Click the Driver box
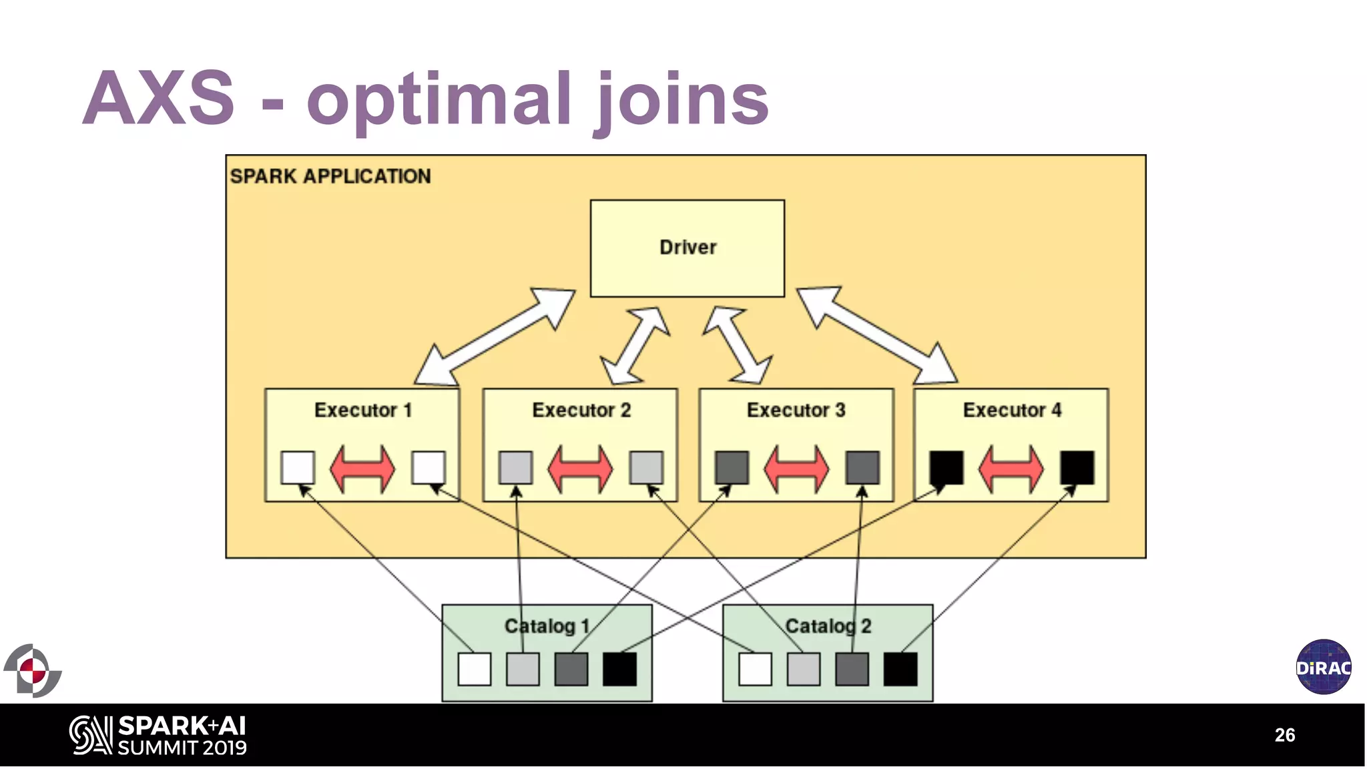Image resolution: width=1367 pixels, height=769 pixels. tap(687, 248)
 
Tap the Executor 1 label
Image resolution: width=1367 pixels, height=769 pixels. tap(362, 410)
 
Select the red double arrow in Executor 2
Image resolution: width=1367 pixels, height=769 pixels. tap(579, 469)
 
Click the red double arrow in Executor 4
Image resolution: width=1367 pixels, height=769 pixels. tap(1011, 469)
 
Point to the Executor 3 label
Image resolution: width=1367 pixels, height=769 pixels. tap(796, 410)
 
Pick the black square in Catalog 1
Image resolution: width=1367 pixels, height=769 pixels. tap(619, 670)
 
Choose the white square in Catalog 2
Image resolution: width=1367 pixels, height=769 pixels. tap(755, 670)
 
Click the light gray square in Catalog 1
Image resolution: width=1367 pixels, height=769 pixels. tap(523, 670)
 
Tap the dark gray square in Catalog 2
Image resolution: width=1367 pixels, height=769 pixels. tap(852, 670)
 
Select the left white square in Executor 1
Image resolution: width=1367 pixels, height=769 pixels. tap(298, 467)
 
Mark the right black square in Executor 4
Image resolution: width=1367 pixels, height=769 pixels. tap(1077, 467)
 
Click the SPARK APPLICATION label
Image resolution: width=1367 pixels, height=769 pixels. tap(330, 176)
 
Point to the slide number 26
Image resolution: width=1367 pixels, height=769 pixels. tap(1284, 735)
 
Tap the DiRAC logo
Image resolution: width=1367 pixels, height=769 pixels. tap(1324, 667)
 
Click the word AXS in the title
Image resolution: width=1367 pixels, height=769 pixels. tap(159, 98)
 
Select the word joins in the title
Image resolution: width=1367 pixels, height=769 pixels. tap(681, 100)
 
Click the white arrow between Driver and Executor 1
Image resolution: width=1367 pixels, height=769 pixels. tap(495, 336)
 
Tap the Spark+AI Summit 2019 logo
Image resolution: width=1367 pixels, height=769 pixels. tap(158, 736)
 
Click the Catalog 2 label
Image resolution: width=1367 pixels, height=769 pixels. tap(828, 626)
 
